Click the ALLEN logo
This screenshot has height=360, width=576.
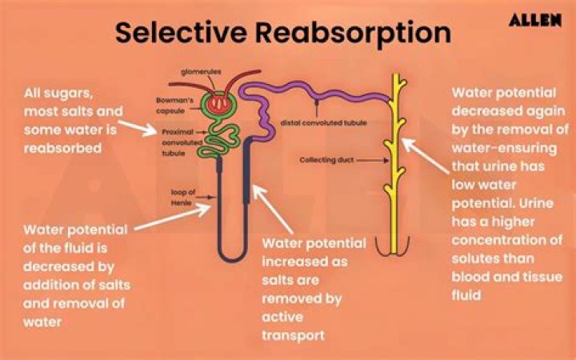coord(534,20)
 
